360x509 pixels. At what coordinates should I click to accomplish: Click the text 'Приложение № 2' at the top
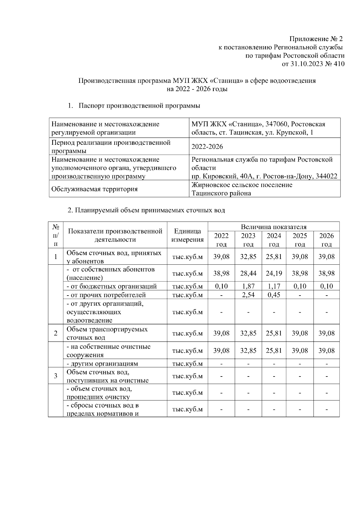(316, 39)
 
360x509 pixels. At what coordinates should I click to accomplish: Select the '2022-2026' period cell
(207, 147)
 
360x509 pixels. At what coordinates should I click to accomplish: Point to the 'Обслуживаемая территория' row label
(94, 189)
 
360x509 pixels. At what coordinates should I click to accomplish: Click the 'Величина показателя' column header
(273, 227)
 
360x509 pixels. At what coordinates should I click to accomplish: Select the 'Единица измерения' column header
(187, 235)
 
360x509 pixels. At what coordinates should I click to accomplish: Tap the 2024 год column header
(274, 240)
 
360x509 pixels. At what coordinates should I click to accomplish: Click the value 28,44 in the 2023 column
(248, 273)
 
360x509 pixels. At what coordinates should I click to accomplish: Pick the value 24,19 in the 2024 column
(274, 273)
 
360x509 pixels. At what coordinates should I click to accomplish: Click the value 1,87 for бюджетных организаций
(248, 286)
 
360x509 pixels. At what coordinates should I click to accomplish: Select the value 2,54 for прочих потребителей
(248, 295)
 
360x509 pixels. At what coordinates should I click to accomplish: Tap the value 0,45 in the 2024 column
(274, 295)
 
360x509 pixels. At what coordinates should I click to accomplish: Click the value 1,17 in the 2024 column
(274, 286)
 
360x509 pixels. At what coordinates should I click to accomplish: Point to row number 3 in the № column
(55, 376)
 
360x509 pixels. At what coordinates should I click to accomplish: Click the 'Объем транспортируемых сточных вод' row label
(107, 333)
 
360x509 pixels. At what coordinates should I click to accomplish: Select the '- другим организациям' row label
(102, 364)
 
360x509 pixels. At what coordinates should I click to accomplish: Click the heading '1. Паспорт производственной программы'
(134, 106)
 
